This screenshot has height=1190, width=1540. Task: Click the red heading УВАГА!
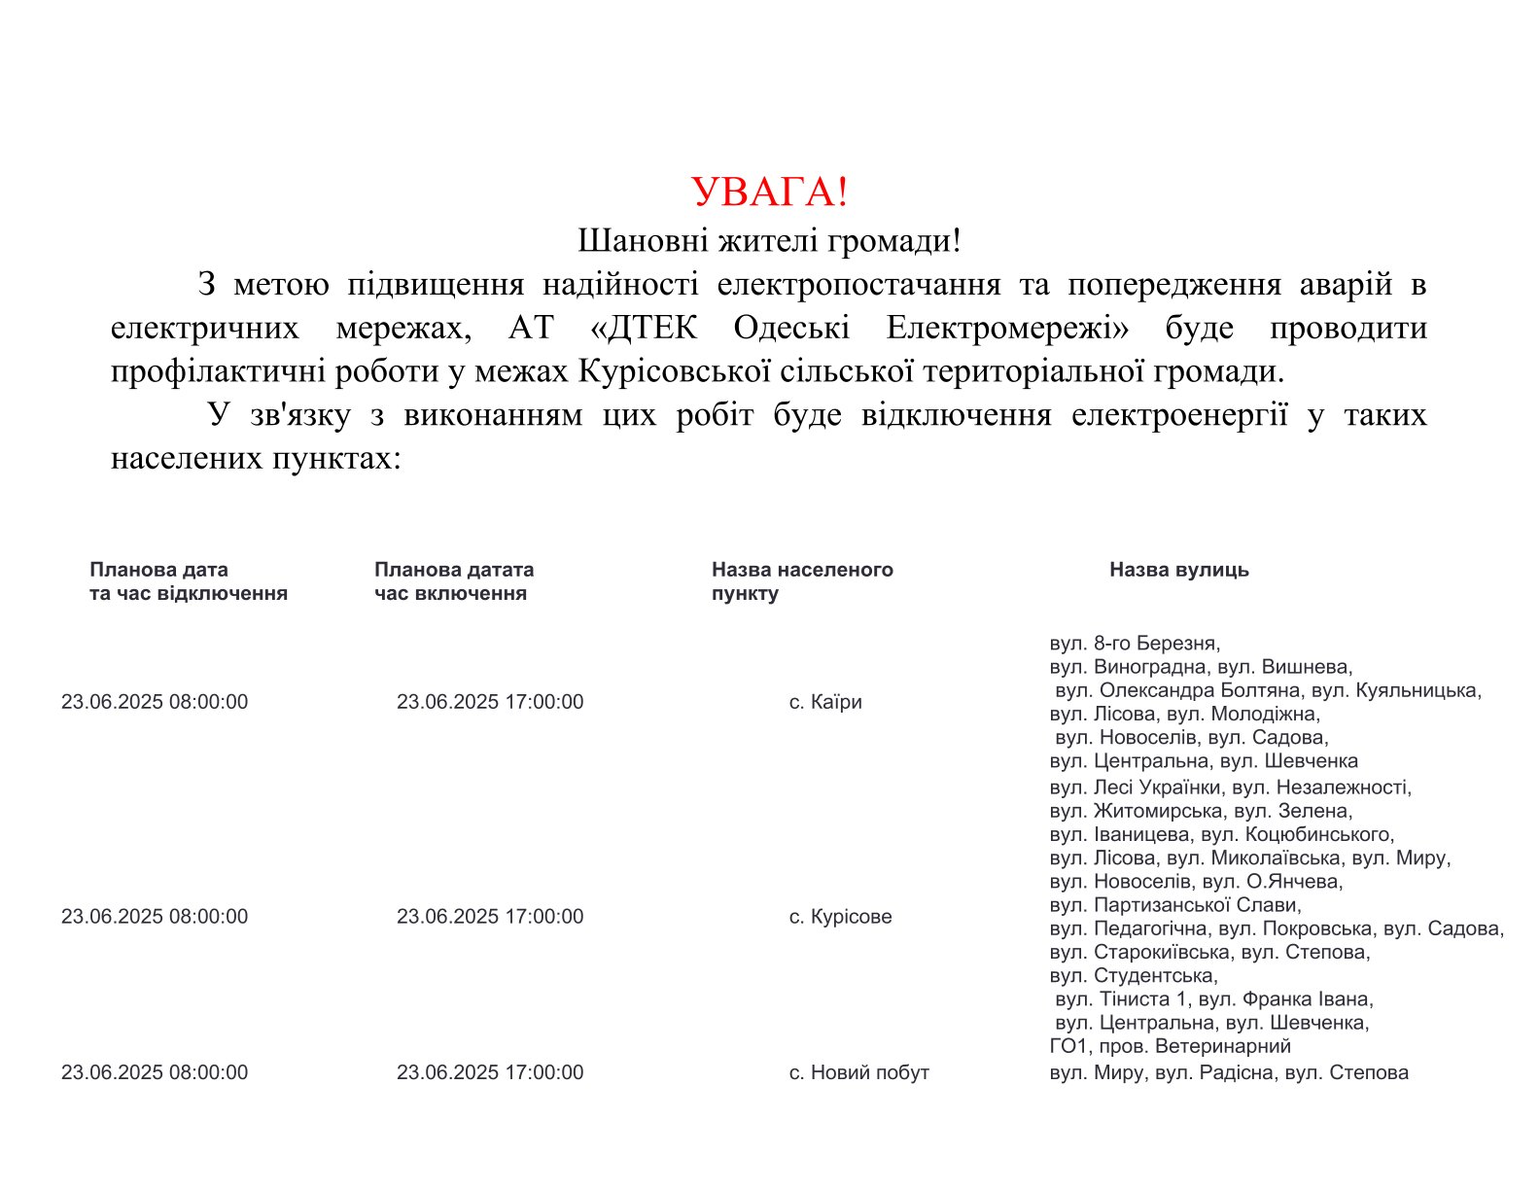769,192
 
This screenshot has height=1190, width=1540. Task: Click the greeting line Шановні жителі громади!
769,240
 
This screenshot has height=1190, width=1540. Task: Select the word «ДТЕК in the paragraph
644,328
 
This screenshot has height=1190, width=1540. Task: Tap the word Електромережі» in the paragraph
1007,328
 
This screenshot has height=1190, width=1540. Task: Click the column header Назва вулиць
1178,570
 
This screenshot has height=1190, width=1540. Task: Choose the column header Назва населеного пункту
801,581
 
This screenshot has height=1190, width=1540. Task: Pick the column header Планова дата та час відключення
188,581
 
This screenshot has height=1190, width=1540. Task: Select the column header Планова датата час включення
453,581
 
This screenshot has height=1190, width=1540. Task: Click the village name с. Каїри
825,702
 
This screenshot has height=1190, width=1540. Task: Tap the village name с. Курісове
840,917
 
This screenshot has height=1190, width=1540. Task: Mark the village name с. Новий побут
858,1072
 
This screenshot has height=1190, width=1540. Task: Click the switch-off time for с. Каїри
155,702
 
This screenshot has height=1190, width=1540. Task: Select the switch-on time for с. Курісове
490,917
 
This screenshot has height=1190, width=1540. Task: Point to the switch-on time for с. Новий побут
490,1072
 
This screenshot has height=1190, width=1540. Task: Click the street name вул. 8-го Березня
1134,644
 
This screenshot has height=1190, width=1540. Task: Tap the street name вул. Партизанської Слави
1174,905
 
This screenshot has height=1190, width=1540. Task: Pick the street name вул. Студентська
1133,975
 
